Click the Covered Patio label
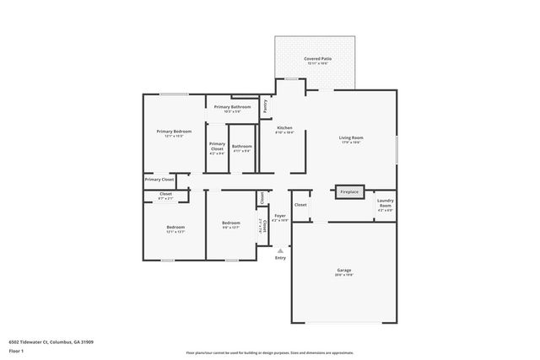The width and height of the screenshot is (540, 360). tap(317, 59)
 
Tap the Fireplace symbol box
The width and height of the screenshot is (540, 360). tap(349, 192)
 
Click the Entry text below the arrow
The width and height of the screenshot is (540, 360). tap(280, 258)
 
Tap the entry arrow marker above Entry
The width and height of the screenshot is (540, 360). tap(280, 250)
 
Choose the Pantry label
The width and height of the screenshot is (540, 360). tap(265, 106)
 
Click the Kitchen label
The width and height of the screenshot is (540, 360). tap(284, 127)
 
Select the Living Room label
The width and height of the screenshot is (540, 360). tap(351, 137)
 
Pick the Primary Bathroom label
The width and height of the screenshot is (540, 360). tap(232, 107)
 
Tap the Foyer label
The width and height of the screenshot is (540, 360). tap(280, 216)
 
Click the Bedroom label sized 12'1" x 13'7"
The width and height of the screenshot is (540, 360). tap(175, 227)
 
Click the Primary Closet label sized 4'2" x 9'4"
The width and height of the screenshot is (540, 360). tap(217, 148)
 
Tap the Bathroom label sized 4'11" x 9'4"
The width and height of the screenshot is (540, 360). tap(242, 147)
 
